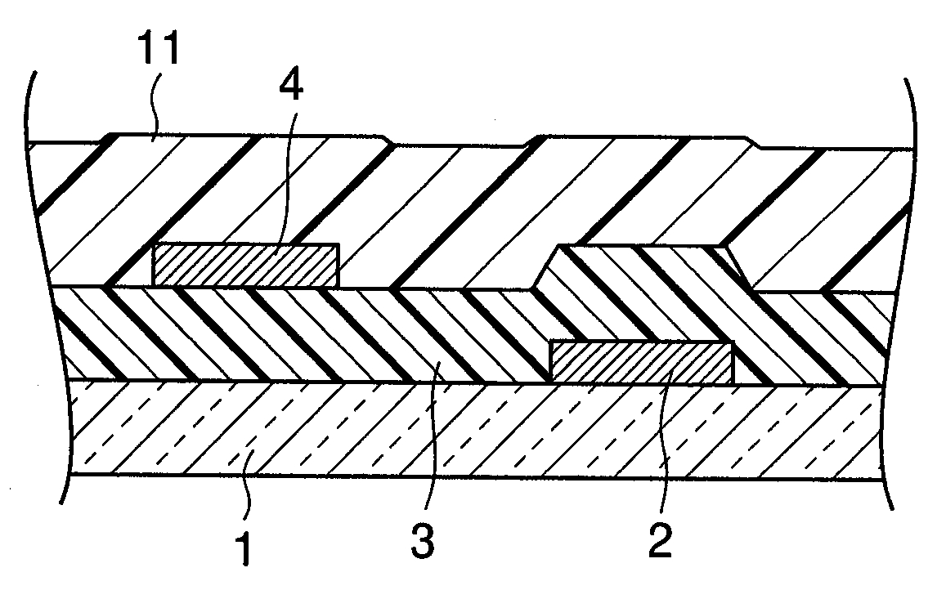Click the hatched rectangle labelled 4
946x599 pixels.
[245, 266]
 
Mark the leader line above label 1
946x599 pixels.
[249, 482]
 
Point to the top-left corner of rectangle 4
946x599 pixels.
[154, 244]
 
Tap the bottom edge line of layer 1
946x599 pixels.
[474, 477]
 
